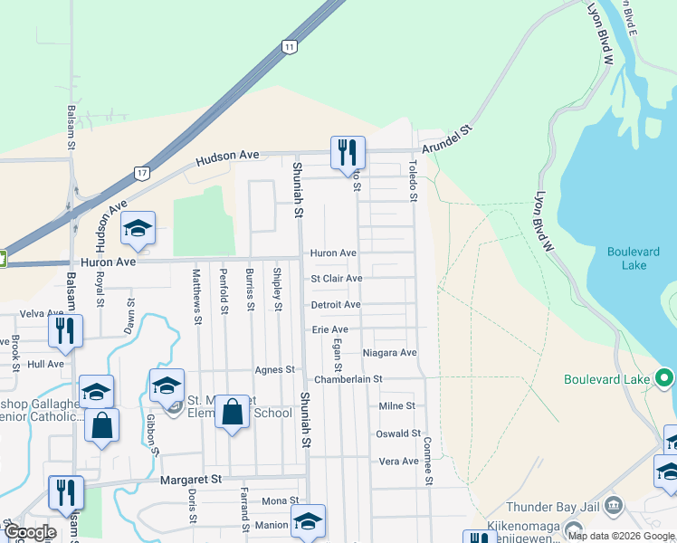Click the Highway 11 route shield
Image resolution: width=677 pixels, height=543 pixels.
(x=289, y=46)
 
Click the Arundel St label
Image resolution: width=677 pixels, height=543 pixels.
(x=447, y=139)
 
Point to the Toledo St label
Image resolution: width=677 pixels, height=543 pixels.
(x=412, y=180)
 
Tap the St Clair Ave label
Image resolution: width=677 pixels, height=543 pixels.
(x=337, y=279)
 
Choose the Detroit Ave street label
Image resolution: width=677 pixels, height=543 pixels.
(x=336, y=305)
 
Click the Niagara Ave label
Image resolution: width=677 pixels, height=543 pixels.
(x=389, y=352)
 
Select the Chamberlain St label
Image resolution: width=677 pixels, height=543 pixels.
(x=348, y=379)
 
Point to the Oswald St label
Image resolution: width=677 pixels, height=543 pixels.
(x=399, y=433)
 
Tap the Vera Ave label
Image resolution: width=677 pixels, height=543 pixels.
(x=398, y=461)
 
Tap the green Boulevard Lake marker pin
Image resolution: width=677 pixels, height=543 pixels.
(x=665, y=377)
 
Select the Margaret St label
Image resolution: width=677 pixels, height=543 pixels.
(x=191, y=478)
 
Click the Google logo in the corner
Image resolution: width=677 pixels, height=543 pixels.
(x=29, y=532)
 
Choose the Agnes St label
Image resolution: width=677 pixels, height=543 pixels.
(x=276, y=369)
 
